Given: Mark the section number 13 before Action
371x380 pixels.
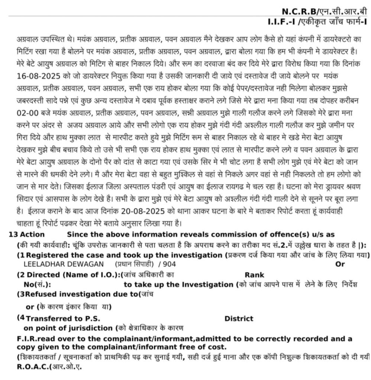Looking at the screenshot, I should (13, 235).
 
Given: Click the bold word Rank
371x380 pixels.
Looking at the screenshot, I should (255, 275).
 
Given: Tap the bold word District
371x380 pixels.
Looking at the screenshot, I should (239, 318).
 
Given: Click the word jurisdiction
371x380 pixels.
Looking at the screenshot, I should (94, 328).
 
